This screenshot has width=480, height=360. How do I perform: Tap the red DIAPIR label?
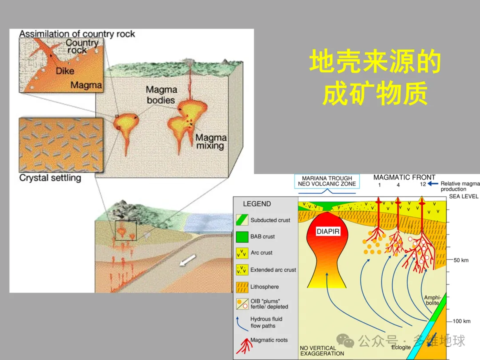tap(328, 232)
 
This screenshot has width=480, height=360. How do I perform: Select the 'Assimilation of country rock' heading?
tap(77, 34)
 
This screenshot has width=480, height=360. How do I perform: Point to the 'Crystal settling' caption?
tap(50, 178)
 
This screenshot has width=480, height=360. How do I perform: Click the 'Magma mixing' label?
tap(211, 142)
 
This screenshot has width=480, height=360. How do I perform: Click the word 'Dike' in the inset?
tap(65, 71)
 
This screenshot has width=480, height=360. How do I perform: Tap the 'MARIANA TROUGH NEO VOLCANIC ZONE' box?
tap(327, 181)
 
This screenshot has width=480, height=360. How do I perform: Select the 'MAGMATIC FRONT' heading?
tap(404, 177)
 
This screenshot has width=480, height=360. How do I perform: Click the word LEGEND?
tap(256, 204)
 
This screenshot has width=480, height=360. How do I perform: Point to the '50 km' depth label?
tap(461, 260)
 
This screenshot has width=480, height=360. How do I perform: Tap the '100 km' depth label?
tap(461, 321)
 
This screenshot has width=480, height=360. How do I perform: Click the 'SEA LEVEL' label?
tap(464, 196)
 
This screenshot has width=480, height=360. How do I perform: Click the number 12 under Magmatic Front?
tap(423, 184)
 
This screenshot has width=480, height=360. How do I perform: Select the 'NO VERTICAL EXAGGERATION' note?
tap(322, 351)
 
